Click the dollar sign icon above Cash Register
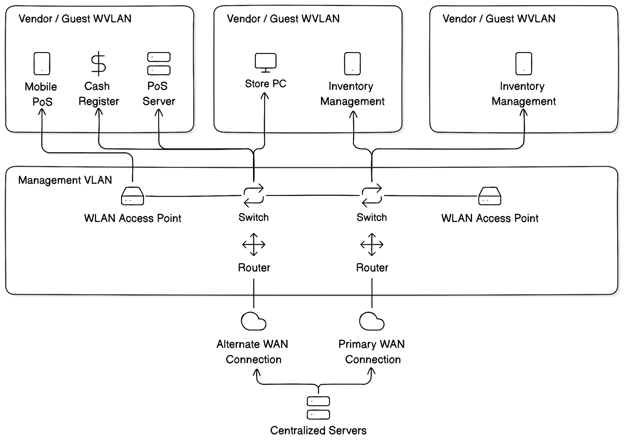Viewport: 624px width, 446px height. click(x=98, y=64)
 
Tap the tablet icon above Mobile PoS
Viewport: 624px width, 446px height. click(x=42, y=64)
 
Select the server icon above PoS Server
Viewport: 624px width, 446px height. click(x=159, y=64)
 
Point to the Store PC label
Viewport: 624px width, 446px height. click(x=266, y=84)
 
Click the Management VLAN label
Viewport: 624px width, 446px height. click(x=65, y=180)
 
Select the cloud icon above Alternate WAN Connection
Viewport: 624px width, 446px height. click(x=254, y=321)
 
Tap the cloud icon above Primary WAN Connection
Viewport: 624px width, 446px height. click(x=372, y=321)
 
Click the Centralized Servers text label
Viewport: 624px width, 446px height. click(x=318, y=430)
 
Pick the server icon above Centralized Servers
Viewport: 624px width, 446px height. click(x=318, y=408)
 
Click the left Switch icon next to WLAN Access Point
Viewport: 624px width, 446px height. click(x=254, y=196)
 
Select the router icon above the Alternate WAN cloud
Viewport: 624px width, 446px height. click(x=254, y=244)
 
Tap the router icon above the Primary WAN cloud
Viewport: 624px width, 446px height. click(x=372, y=244)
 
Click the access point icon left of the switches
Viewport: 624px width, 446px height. click(x=133, y=196)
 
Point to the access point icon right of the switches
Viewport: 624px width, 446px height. click(x=490, y=196)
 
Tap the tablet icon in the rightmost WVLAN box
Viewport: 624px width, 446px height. click(x=524, y=64)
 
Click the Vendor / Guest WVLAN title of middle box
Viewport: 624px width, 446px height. click(x=283, y=19)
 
